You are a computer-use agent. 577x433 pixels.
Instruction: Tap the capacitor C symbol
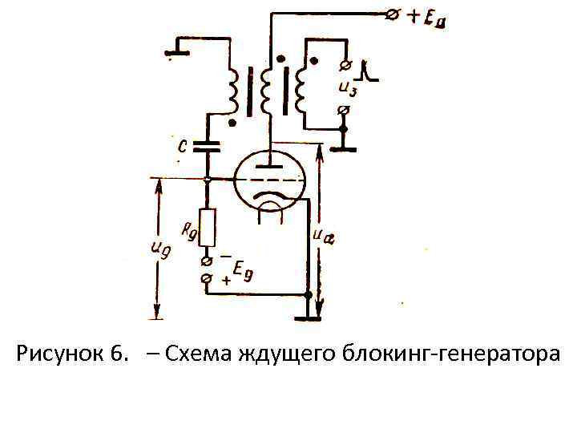(x=208, y=148)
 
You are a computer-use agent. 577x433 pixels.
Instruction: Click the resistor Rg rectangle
(x=208, y=228)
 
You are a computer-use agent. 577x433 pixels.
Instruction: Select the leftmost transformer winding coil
(x=232, y=90)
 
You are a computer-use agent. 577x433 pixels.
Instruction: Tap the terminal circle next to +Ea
(x=393, y=16)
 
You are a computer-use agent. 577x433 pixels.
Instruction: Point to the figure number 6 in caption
(x=118, y=353)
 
